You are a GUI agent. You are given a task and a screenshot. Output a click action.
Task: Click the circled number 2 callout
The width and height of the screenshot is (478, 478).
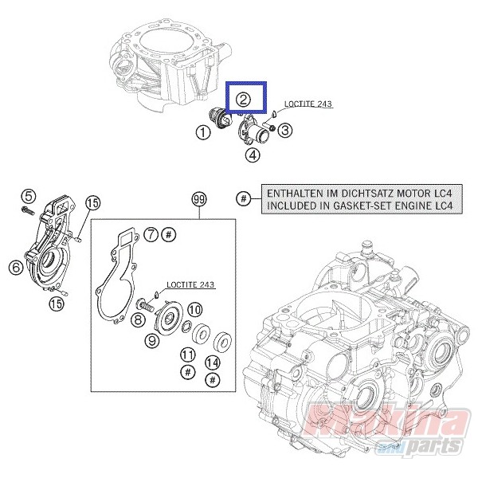point(243,100)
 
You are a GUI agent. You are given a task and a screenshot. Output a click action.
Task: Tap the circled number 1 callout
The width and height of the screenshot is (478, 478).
point(203,132)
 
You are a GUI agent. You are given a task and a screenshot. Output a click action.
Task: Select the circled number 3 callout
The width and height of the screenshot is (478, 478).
point(284,131)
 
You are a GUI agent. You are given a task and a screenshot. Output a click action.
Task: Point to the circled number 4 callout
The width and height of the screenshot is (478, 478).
point(253,155)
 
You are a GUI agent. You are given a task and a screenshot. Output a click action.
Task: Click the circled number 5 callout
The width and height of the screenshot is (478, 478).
point(28,196)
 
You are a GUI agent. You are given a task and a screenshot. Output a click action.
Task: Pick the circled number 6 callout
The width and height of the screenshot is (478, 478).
point(16,268)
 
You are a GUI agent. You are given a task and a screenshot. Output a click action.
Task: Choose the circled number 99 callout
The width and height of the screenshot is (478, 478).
point(199,199)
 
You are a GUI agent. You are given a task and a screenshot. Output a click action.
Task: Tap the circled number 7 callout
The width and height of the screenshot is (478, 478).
point(151,235)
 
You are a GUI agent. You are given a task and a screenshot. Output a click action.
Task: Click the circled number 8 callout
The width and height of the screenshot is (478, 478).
point(138,319)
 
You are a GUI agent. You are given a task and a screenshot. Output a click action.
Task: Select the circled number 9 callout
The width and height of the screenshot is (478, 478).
point(152,340)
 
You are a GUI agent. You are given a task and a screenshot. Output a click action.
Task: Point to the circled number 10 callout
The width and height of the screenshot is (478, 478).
point(194,310)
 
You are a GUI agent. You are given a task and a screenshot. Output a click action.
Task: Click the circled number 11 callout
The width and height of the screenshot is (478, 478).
point(188,355)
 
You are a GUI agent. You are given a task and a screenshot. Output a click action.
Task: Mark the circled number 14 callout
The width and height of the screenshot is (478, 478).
point(213,362)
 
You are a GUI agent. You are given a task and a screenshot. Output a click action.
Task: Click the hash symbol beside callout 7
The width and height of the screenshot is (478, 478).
point(170,235)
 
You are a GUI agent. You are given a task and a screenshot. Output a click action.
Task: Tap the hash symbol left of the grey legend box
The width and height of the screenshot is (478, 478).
point(243,198)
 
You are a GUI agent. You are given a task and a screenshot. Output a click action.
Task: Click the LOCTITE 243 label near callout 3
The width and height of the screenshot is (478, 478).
point(308,104)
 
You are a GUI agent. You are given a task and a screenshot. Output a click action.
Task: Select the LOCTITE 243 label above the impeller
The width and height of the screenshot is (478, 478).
point(190,284)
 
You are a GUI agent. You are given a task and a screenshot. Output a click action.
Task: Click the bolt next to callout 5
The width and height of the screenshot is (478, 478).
point(28,210)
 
